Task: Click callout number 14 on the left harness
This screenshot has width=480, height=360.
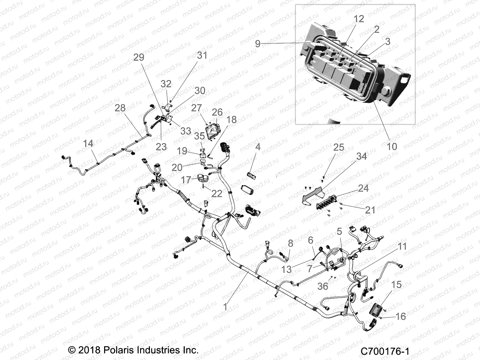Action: (88, 144)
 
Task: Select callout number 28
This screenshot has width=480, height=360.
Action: (120, 108)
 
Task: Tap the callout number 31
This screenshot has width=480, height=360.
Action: (202, 55)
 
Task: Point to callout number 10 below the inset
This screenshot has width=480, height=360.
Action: (392, 146)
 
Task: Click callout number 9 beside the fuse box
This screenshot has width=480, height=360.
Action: (257, 44)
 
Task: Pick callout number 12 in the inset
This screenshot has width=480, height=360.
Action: (358, 19)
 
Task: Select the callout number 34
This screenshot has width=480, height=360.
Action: (361, 156)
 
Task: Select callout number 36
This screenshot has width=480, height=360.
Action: (323, 286)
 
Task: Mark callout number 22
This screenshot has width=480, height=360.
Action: (217, 193)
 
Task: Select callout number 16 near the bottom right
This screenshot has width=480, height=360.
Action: (400, 316)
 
